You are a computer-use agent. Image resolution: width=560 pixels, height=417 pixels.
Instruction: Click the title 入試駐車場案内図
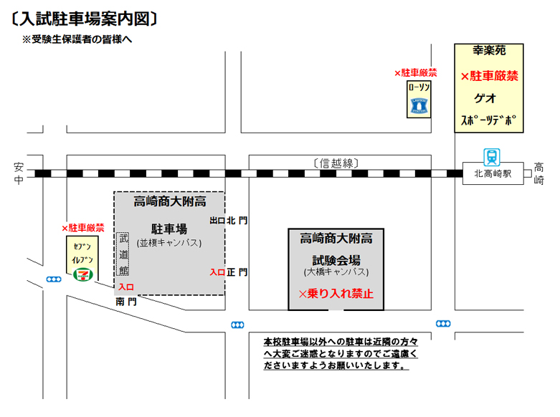pos(85,17)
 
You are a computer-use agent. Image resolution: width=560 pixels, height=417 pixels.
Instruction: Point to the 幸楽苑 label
pos(490,52)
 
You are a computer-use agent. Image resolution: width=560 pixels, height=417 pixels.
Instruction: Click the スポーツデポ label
pos(488,120)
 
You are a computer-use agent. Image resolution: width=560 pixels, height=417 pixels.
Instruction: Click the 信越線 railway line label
pos(336,163)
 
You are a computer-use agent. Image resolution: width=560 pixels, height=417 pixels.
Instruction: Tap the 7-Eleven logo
pos(85,272)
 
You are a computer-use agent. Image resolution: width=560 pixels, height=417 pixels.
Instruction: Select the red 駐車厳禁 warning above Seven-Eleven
pos(83,228)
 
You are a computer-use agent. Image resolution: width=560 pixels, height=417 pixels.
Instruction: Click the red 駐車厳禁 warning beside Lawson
pos(416,73)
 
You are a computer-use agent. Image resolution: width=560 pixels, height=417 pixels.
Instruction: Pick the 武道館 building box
pos(123,255)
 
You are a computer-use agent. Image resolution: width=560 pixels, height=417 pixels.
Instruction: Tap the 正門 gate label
pos(238,272)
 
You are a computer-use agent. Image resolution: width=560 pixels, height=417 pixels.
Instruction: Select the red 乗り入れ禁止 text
pos(336,294)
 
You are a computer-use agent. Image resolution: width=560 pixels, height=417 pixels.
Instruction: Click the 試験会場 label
pos(336,259)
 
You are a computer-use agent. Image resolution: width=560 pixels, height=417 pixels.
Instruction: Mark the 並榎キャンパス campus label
pos(169,243)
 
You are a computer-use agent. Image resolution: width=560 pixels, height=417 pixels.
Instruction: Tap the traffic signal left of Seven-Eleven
pos(53,279)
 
